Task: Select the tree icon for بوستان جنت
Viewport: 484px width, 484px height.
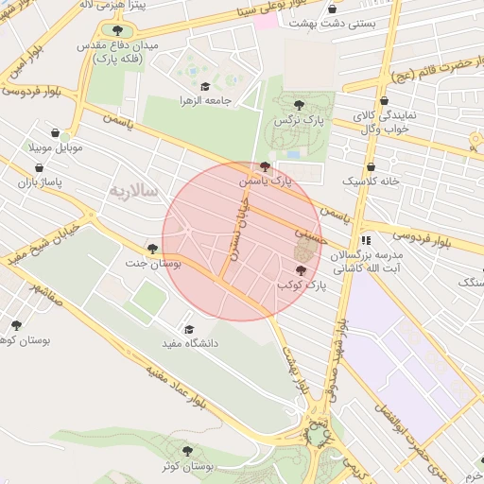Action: coord(152,249)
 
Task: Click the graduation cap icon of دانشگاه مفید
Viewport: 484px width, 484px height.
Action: coord(188,330)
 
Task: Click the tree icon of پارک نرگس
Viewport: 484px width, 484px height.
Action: coord(300,105)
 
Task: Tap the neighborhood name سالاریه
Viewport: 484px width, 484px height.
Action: coord(137,190)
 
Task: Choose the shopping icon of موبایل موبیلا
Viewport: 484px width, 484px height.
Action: coord(57,133)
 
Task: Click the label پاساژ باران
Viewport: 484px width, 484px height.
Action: coord(39,181)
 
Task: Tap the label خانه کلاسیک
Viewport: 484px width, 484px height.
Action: coord(372,181)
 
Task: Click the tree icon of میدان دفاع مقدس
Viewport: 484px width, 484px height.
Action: coord(117,29)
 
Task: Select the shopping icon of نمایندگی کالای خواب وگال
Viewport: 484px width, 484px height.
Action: coord(383,102)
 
